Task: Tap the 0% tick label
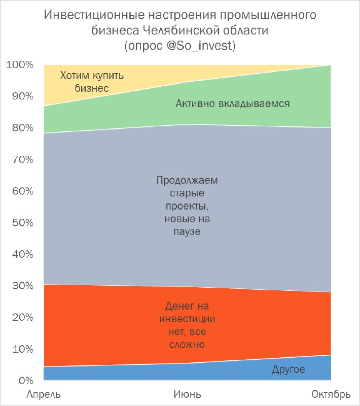click(x=24, y=381)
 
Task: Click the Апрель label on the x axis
click(x=45, y=394)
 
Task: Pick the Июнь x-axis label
click(x=187, y=394)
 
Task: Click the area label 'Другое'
click(x=288, y=369)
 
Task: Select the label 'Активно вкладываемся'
click(x=233, y=104)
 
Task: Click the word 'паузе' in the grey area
click(x=187, y=232)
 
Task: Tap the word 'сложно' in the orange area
click(x=187, y=345)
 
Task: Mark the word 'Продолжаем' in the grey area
click(x=187, y=180)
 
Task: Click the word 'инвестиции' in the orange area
click(x=187, y=319)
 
